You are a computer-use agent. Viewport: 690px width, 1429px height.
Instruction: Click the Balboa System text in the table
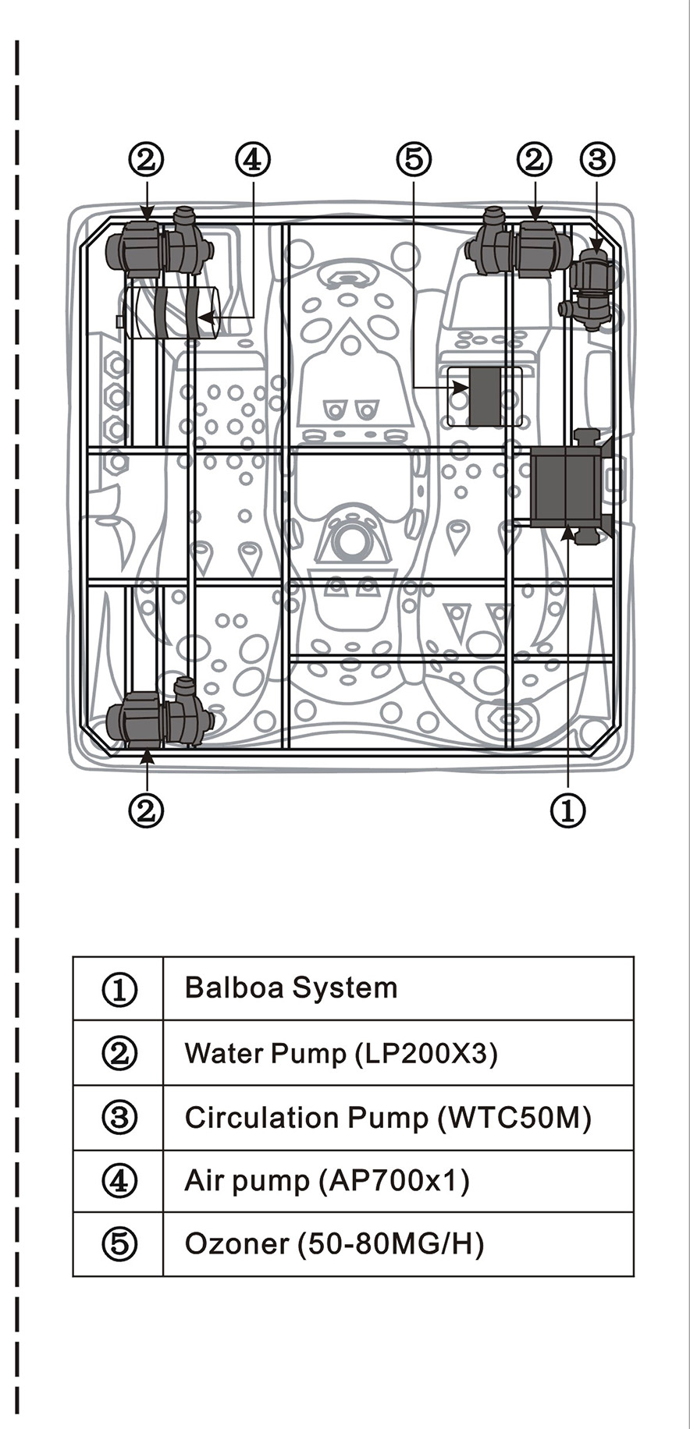tap(291, 988)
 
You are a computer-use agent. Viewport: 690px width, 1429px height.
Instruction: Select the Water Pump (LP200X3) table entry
tap(341, 1054)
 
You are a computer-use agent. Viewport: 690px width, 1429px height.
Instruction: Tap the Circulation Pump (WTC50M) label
tap(388, 1119)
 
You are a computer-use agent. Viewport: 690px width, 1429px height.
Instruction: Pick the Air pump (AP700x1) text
tap(327, 1181)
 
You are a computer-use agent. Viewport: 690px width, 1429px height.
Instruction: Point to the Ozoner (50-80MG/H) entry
tap(334, 1243)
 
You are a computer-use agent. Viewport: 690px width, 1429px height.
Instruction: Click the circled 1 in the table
tap(119, 989)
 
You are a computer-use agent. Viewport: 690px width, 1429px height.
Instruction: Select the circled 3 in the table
tap(119, 1119)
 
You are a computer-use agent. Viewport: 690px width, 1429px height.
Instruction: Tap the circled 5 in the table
tap(119, 1243)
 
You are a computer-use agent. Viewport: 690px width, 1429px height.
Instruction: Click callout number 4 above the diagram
tap(252, 159)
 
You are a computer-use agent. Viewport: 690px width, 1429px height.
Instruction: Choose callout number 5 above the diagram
tap(414, 159)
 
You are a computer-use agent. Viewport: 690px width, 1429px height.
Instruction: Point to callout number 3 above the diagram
tap(597, 159)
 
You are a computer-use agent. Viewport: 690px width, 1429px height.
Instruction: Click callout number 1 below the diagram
tap(568, 810)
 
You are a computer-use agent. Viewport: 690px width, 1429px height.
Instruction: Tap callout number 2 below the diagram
tap(147, 810)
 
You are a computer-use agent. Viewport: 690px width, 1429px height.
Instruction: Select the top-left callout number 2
tap(147, 159)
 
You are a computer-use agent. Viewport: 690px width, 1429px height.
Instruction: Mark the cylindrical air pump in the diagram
tap(168, 312)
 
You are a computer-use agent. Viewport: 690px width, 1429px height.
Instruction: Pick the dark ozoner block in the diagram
tap(485, 396)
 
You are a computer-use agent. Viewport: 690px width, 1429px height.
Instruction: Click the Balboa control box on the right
tap(570, 487)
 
